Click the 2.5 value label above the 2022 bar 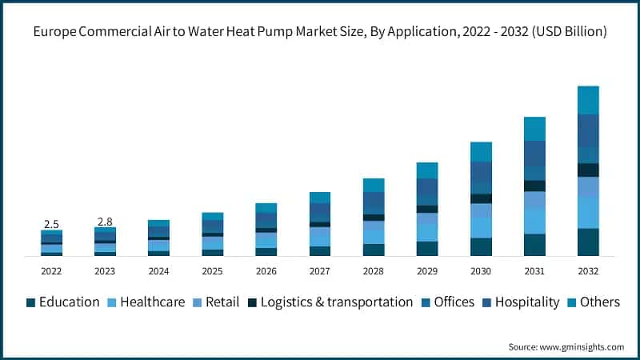point(51,224)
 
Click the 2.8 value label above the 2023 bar point(105,221)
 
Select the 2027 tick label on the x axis point(320,271)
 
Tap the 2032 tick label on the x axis point(588,271)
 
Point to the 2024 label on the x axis point(158,271)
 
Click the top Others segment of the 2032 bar point(588,100)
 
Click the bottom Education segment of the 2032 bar point(588,242)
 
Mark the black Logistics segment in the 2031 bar point(534,186)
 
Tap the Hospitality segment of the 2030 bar point(481,171)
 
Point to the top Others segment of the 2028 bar point(374,185)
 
